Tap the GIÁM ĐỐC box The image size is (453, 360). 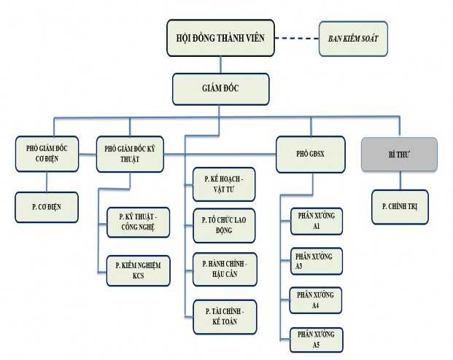(220, 89)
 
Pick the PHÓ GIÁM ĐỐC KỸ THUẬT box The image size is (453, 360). (131, 154)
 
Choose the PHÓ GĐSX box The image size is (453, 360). (309, 154)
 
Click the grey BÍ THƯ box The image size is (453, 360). (400, 154)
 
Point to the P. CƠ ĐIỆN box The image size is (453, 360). (47, 206)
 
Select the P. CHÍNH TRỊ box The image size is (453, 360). (400, 206)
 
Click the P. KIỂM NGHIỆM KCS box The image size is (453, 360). (138, 270)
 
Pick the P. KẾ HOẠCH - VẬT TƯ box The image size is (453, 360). (224, 184)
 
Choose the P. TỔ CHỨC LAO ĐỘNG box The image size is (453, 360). (224, 225)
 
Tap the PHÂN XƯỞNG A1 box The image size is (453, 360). (311, 222)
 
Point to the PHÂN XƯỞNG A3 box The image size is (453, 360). (311, 262)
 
